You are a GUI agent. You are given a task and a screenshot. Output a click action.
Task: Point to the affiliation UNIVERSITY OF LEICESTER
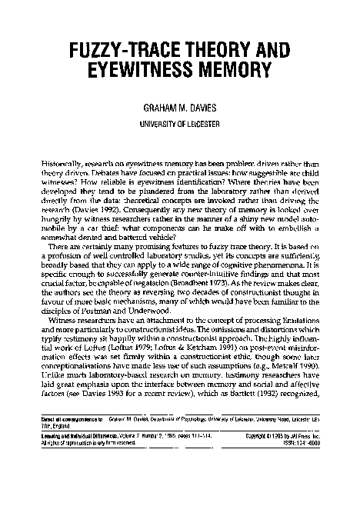(x=179, y=125)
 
